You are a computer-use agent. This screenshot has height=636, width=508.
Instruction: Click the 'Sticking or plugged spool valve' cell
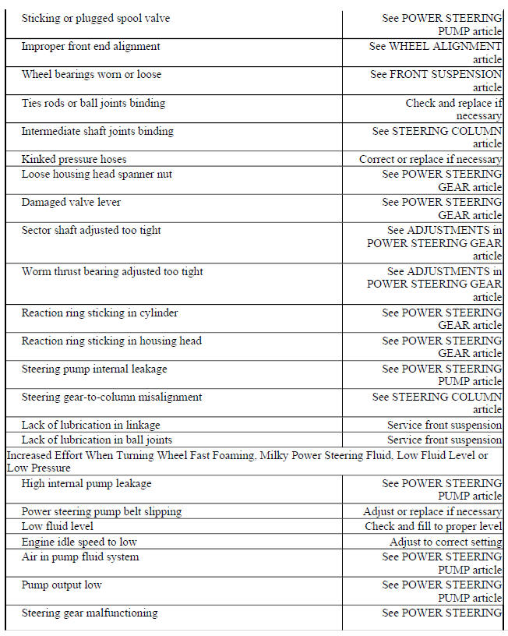point(95,18)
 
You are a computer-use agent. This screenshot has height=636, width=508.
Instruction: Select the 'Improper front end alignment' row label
point(90,46)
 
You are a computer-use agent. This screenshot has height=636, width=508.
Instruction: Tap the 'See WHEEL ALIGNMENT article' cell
point(435,53)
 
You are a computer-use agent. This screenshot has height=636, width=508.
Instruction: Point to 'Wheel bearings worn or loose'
point(91,75)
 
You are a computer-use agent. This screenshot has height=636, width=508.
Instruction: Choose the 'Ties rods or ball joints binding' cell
point(93,103)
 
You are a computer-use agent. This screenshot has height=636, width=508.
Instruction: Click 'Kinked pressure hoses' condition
point(74,159)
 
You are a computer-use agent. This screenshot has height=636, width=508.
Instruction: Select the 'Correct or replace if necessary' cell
point(430,159)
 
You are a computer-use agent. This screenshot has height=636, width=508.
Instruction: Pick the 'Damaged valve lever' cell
point(71,203)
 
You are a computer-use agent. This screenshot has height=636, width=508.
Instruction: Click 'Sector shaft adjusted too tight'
point(91,231)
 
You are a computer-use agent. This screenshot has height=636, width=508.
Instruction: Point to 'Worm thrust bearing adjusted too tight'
point(112,271)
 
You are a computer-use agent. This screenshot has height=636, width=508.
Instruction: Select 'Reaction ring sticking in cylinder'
point(100,313)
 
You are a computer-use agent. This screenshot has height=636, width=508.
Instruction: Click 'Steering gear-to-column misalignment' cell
point(111,397)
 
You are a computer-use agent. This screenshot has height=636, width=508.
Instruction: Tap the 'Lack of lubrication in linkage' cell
point(90,425)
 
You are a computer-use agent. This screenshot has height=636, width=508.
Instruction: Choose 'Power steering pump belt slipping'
point(101,512)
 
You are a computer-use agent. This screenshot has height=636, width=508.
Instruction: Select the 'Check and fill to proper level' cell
point(433,527)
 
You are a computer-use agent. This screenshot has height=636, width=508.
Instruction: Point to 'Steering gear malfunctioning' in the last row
point(89,613)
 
